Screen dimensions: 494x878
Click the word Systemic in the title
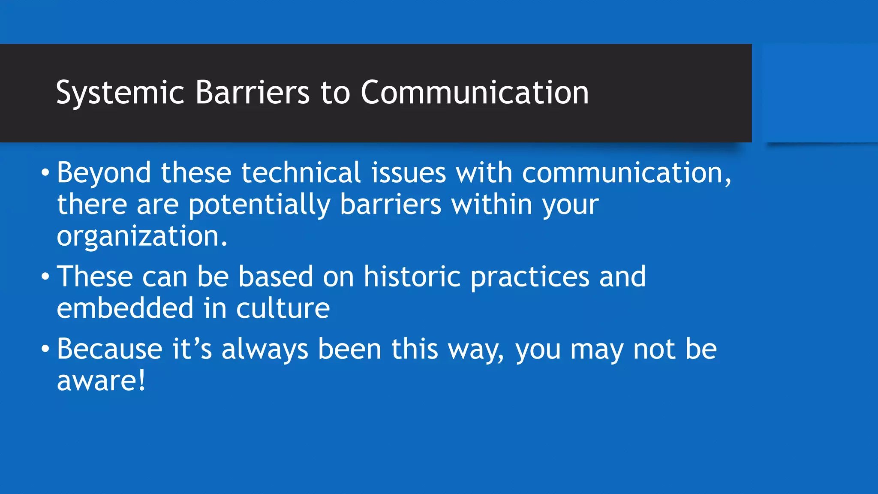coord(120,93)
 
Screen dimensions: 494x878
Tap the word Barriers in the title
coord(253,93)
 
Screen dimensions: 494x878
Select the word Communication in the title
coord(475,93)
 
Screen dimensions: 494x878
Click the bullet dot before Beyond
coord(45,173)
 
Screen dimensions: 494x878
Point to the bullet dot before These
coord(45,277)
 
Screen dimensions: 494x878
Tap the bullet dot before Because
coord(45,349)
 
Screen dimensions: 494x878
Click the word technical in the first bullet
coord(301,173)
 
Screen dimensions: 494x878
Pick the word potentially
coord(259,205)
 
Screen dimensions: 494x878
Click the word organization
coord(141,236)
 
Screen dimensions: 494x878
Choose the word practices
coord(530,277)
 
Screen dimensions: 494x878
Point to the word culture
coord(283,308)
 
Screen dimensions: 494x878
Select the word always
coord(265,349)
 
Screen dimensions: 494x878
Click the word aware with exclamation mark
coord(101,381)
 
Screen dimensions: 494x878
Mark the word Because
coord(110,349)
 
